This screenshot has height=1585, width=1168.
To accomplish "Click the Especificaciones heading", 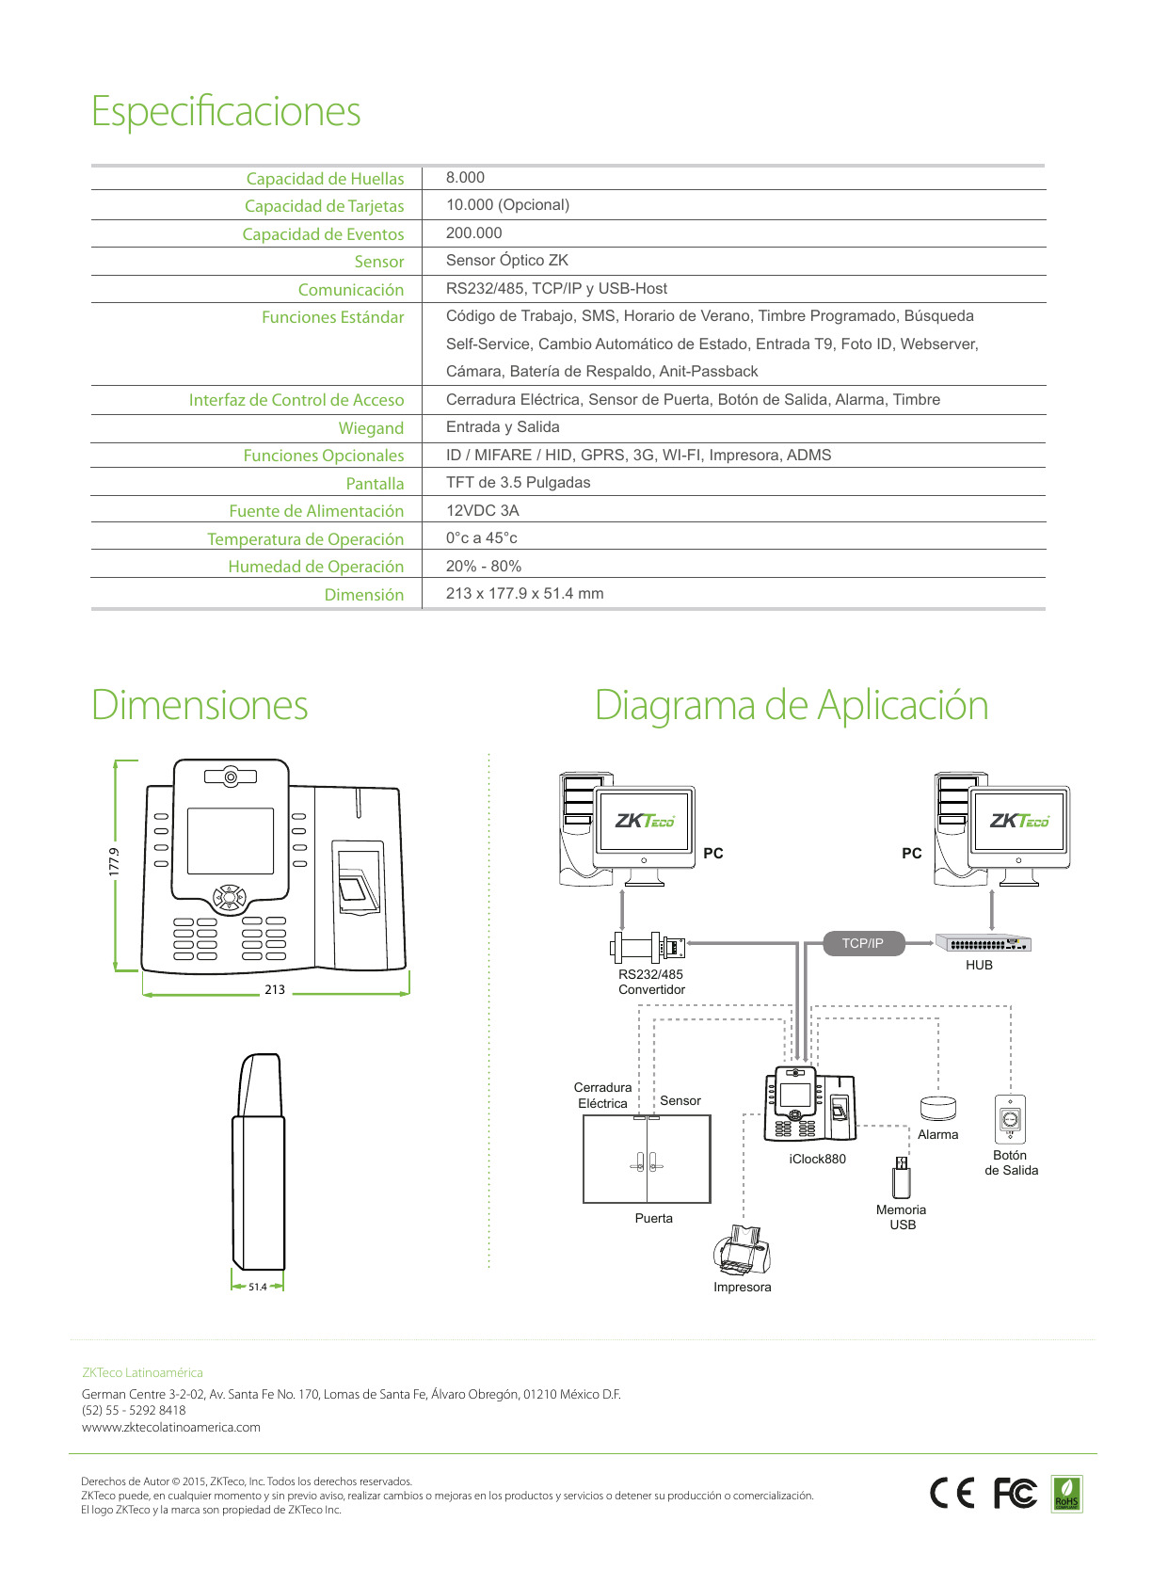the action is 226,112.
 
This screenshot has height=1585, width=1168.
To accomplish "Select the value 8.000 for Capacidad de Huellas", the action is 465,178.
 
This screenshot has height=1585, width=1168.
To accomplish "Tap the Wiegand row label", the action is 371,428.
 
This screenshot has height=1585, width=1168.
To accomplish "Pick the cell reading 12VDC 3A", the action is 482,511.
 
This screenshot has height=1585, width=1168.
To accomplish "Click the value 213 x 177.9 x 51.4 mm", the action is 525,594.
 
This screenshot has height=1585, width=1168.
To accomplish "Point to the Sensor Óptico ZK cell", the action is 507,261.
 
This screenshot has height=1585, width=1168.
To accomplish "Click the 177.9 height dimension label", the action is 114,863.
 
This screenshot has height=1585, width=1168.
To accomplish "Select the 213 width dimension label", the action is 275,990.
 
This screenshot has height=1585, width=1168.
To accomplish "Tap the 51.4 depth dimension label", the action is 258,1287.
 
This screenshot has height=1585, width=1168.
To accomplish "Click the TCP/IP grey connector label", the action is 863,943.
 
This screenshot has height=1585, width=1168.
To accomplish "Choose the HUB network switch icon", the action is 984,943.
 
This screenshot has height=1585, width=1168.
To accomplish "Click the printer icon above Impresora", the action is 742,1249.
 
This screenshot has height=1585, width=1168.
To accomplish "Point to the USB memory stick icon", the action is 901,1177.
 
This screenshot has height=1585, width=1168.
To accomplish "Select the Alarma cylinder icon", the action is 937,1108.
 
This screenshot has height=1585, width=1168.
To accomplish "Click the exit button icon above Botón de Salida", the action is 1011,1119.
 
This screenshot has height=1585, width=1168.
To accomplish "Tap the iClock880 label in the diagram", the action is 818,1160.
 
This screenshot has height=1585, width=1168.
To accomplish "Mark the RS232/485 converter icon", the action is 648,945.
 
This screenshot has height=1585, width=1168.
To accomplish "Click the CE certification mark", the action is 952,1494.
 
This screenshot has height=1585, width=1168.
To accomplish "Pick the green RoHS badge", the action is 1066,1494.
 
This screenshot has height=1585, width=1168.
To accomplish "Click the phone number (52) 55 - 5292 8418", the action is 134,1411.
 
